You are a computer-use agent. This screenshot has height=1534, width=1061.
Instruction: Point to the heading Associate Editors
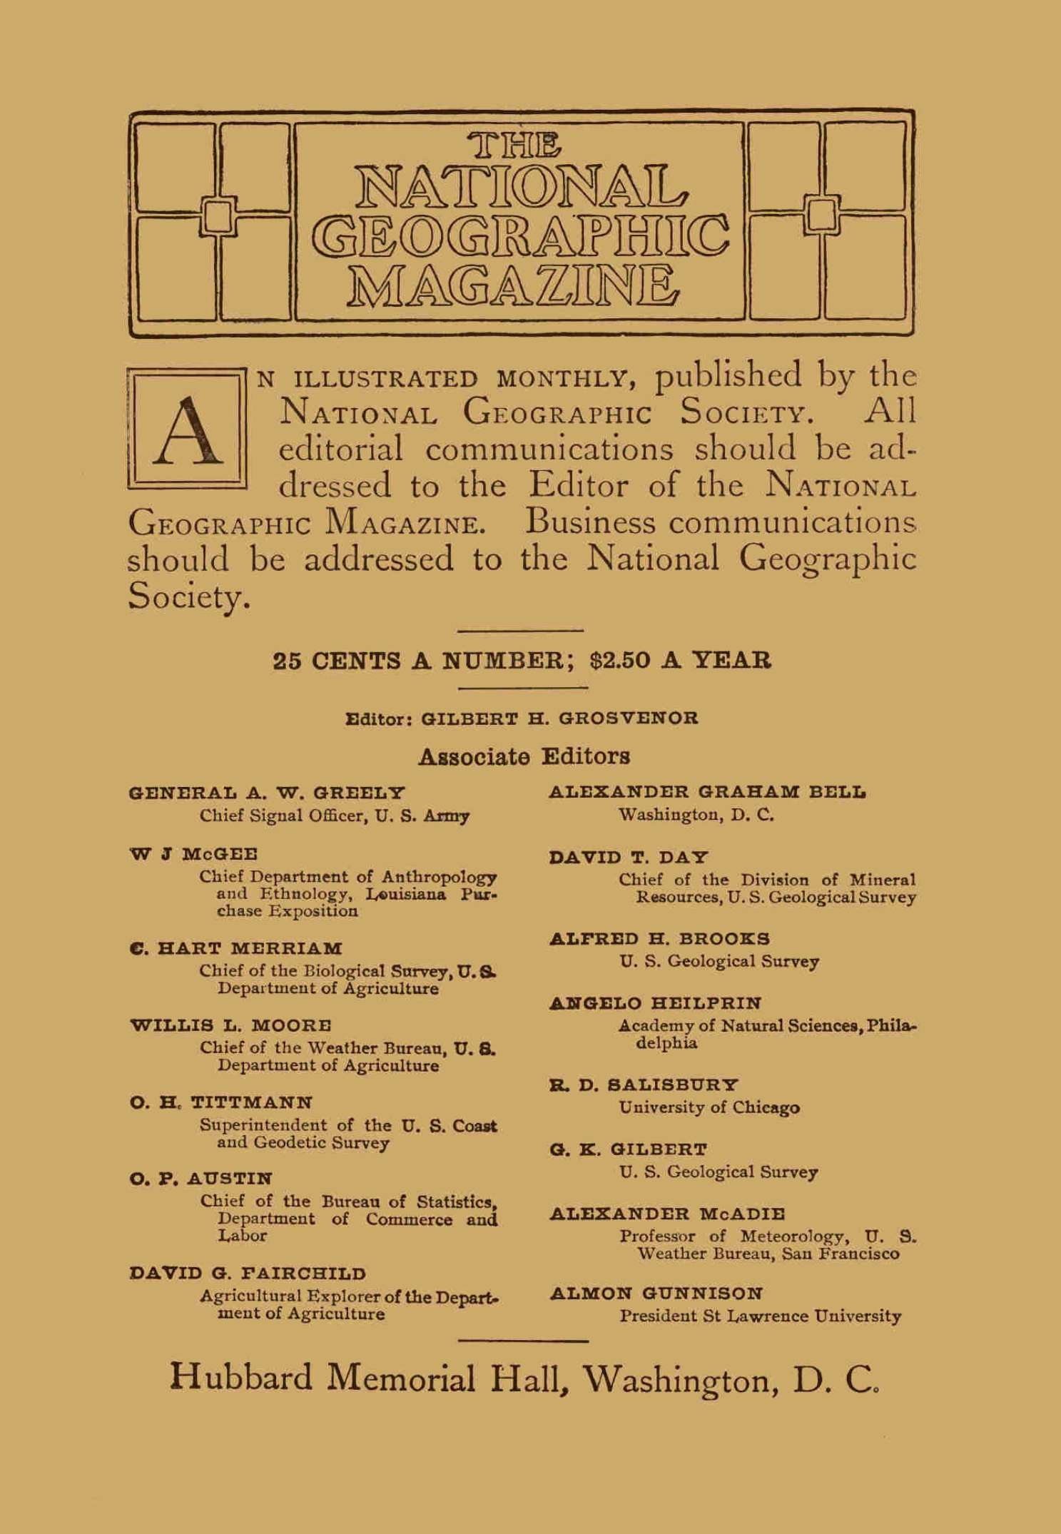tap(524, 756)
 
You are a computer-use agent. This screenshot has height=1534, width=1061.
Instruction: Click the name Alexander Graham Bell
tap(707, 792)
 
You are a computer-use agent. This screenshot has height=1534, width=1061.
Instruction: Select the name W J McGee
tap(193, 854)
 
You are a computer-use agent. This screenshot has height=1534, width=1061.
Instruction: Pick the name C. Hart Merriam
tap(236, 949)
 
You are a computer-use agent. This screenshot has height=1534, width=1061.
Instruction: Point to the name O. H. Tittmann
tap(221, 1102)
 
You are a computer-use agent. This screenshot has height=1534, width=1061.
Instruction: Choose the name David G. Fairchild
tap(248, 1274)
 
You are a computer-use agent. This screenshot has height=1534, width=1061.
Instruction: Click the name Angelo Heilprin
tap(656, 1003)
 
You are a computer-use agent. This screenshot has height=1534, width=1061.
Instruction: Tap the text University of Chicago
tap(709, 1107)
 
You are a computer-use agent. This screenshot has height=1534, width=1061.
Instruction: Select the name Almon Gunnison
tap(656, 1293)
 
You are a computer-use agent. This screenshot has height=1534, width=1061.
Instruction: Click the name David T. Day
tap(629, 857)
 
